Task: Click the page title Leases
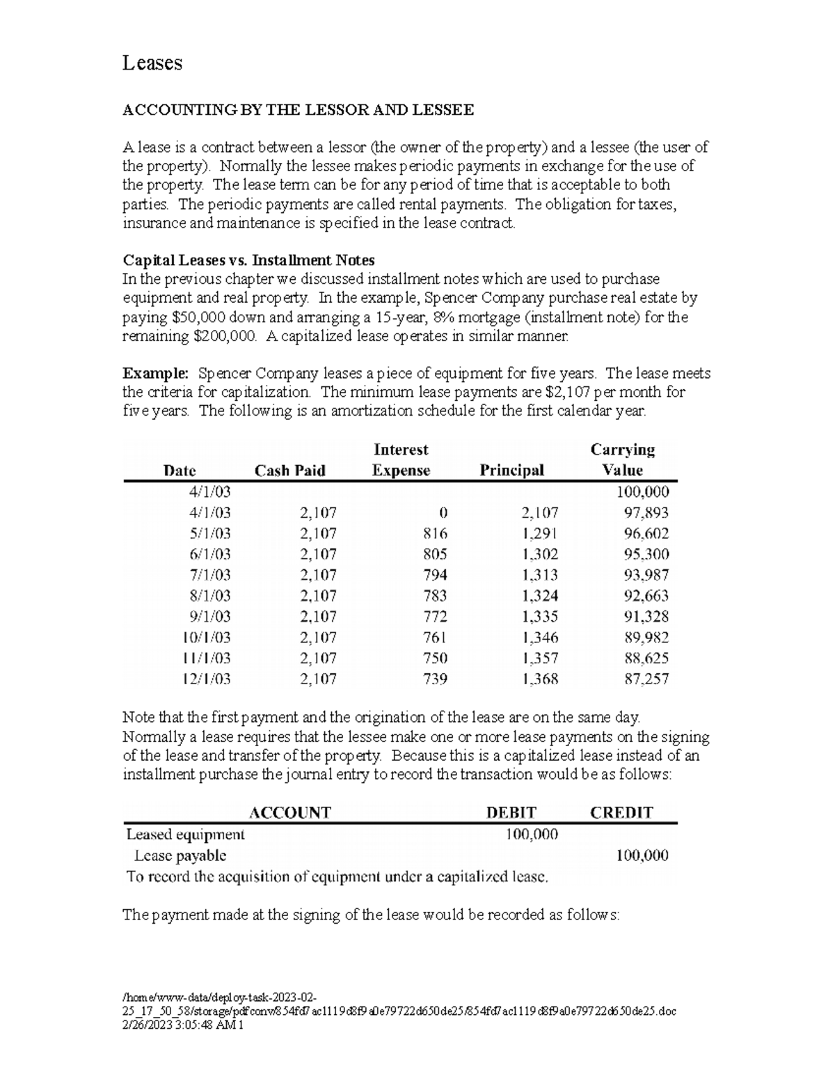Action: point(152,63)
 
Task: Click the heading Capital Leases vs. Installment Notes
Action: point(248,260)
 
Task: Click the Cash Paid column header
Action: point(290,471)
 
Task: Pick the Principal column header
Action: point(511,471)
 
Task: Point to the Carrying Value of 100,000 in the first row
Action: point(642,492)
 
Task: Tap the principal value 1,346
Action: point(539,638)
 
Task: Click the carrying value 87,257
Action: point(646,679)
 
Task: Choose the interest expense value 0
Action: point(443,513)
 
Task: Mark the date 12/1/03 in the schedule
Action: point(207,679)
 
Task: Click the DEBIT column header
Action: point(511,812)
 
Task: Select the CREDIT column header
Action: point(621,812)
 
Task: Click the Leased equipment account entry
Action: point(185,834)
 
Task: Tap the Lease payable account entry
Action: point(180,855)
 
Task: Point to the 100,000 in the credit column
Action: point(642,855)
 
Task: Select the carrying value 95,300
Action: point(646,555)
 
